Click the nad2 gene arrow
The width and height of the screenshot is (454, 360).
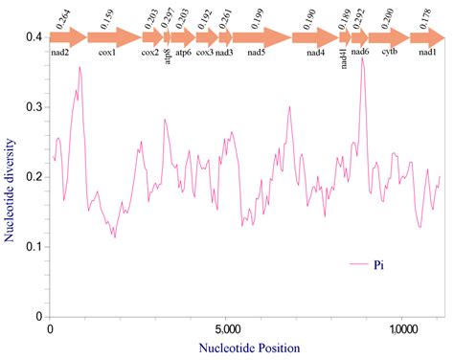point(65,38)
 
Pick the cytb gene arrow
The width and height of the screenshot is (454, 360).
point(389,38)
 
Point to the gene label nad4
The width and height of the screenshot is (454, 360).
point(315,54)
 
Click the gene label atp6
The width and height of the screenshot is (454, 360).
point(183,54)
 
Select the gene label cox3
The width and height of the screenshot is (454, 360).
point(204,54)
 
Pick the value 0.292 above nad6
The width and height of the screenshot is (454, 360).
point(360,17)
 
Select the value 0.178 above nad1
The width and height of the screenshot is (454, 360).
point(427,17)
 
